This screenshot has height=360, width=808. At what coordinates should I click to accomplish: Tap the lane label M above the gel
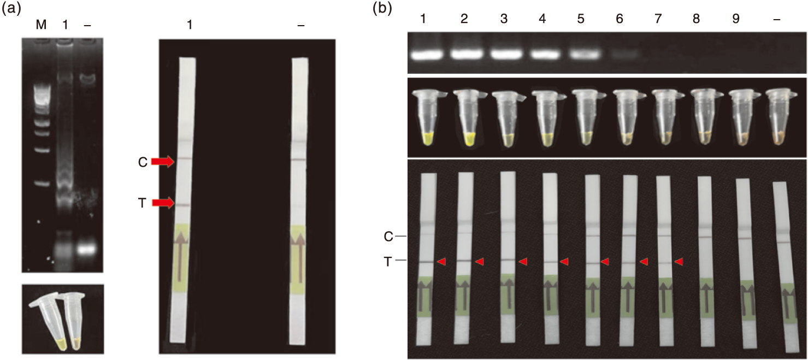tap(41, 25)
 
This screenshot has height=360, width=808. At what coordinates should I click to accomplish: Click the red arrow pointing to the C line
tap(163, 162)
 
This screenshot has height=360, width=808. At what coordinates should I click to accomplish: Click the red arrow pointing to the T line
tap(163, 203)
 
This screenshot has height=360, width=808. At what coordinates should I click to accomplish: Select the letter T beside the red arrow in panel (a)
tap(142, 203)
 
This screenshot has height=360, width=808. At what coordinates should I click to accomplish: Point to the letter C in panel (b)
tap(388, 237)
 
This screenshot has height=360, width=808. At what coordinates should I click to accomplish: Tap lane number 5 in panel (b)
tap(580, 19)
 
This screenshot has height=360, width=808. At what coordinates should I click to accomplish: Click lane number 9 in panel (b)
tap(736, 19)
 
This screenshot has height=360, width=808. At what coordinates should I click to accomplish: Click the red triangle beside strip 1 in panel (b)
tap(441, 262)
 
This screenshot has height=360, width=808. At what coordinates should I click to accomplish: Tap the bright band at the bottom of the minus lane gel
tap(86, 249)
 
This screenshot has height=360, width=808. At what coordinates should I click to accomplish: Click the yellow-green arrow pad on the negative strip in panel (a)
tap(298, 258)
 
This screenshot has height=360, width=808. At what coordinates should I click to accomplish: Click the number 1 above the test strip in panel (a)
tap(190, 25)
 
